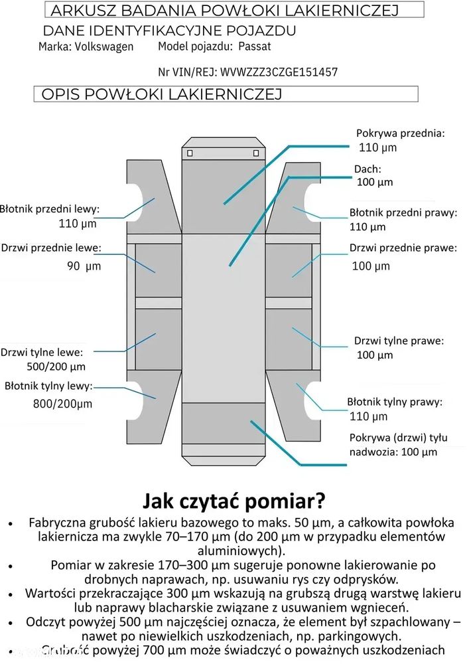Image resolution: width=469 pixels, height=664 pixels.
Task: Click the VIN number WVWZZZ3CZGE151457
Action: (279, 72)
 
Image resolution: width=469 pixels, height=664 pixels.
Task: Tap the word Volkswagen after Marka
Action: (104, 46)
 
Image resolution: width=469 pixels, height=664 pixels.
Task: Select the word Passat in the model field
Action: (255, 46)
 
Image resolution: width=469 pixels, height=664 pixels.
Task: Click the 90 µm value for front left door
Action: (84, 266)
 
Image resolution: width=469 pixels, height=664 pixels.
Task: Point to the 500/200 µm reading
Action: (56, 367)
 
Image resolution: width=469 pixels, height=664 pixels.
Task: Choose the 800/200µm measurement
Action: (62, 404)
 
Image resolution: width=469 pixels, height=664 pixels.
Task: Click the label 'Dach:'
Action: (368, 169)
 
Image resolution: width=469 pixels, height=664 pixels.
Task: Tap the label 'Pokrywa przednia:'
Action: (401, 133)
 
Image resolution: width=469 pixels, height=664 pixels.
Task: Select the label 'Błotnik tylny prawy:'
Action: (395, 402)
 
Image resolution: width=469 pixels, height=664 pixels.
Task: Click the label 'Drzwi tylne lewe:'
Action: (42, 353)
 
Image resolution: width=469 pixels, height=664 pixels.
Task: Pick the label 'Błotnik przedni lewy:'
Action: (50, 208)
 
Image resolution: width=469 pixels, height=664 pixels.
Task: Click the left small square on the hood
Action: (190, 153)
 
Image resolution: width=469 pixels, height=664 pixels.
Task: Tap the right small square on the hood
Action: (256, 153)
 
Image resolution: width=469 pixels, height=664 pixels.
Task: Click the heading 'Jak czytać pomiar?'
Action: (234, 501)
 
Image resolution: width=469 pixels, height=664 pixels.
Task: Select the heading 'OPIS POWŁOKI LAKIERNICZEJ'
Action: (162, 94)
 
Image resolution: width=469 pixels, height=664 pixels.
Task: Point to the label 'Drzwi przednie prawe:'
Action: (403, 248)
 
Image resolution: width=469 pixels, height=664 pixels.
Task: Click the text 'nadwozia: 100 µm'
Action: (393, 452)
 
